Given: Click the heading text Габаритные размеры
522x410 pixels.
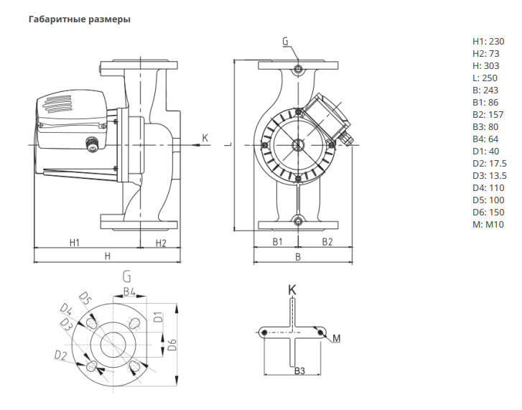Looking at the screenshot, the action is click(x=80, y=19).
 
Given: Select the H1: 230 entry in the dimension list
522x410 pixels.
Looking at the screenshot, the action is click(x=488, y=42).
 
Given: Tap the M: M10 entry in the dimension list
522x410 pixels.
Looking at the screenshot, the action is click(x=488, y=225).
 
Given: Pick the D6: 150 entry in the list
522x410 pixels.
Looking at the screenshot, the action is click(x=488, y=213).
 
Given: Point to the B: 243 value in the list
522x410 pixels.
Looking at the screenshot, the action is click(x=485, y=90).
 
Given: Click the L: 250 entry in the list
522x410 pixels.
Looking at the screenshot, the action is click(x=485, y=78).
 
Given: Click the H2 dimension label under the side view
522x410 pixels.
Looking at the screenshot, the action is click(x=161, y=243).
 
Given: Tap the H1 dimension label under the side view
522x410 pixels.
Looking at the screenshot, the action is click(x=75, y=243).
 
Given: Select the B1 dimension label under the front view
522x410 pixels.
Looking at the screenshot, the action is click(x=277, y=241).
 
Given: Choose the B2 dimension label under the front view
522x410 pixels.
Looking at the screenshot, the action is click(x=327, y=241).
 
